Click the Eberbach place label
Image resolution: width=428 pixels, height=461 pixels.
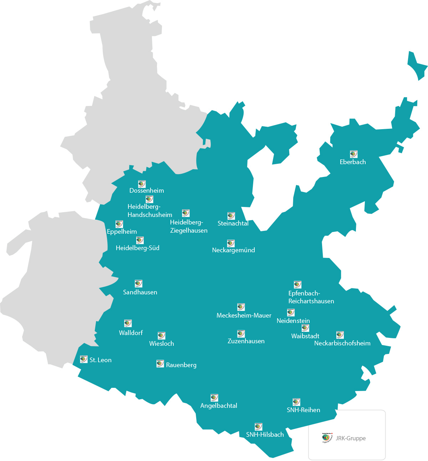click(x=353, y=162)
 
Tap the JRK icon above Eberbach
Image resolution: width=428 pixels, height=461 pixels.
click(x=353, y=154)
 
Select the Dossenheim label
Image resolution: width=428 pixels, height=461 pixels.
click(x=147, y=191)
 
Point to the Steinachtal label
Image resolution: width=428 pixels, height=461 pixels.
click(x=233, y=223)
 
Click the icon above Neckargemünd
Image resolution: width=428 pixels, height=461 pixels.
click(x=231, y=243)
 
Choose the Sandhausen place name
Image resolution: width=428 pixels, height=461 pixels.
click(x=140, y=292)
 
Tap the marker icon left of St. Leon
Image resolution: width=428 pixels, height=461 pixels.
click(x=84, y=359)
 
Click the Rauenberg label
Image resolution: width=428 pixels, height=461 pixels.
click(x=181, y=365)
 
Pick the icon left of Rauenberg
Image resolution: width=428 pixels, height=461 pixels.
click(x=160, y=364)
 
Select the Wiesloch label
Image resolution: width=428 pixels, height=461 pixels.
click(x=162, y=344)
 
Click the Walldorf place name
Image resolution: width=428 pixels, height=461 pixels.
click(x=131, y=333)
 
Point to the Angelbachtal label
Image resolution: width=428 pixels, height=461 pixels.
click(x=219, y=406)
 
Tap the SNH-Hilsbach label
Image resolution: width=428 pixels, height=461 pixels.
click(x=265, y=435)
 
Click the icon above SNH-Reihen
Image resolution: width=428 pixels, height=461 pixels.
click(x=296, y=402)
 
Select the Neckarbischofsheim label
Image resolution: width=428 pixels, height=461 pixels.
click(x=342, y=343)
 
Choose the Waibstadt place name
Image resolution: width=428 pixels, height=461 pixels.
click(x=305, y=336)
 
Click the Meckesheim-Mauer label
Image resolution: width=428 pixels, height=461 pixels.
click(x=244, y=315)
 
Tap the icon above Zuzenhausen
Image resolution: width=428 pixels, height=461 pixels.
click(x=241, y=334)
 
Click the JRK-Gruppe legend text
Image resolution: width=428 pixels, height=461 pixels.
click(x=351, y=438)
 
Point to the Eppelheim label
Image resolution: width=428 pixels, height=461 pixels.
click(x=122, y=232)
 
